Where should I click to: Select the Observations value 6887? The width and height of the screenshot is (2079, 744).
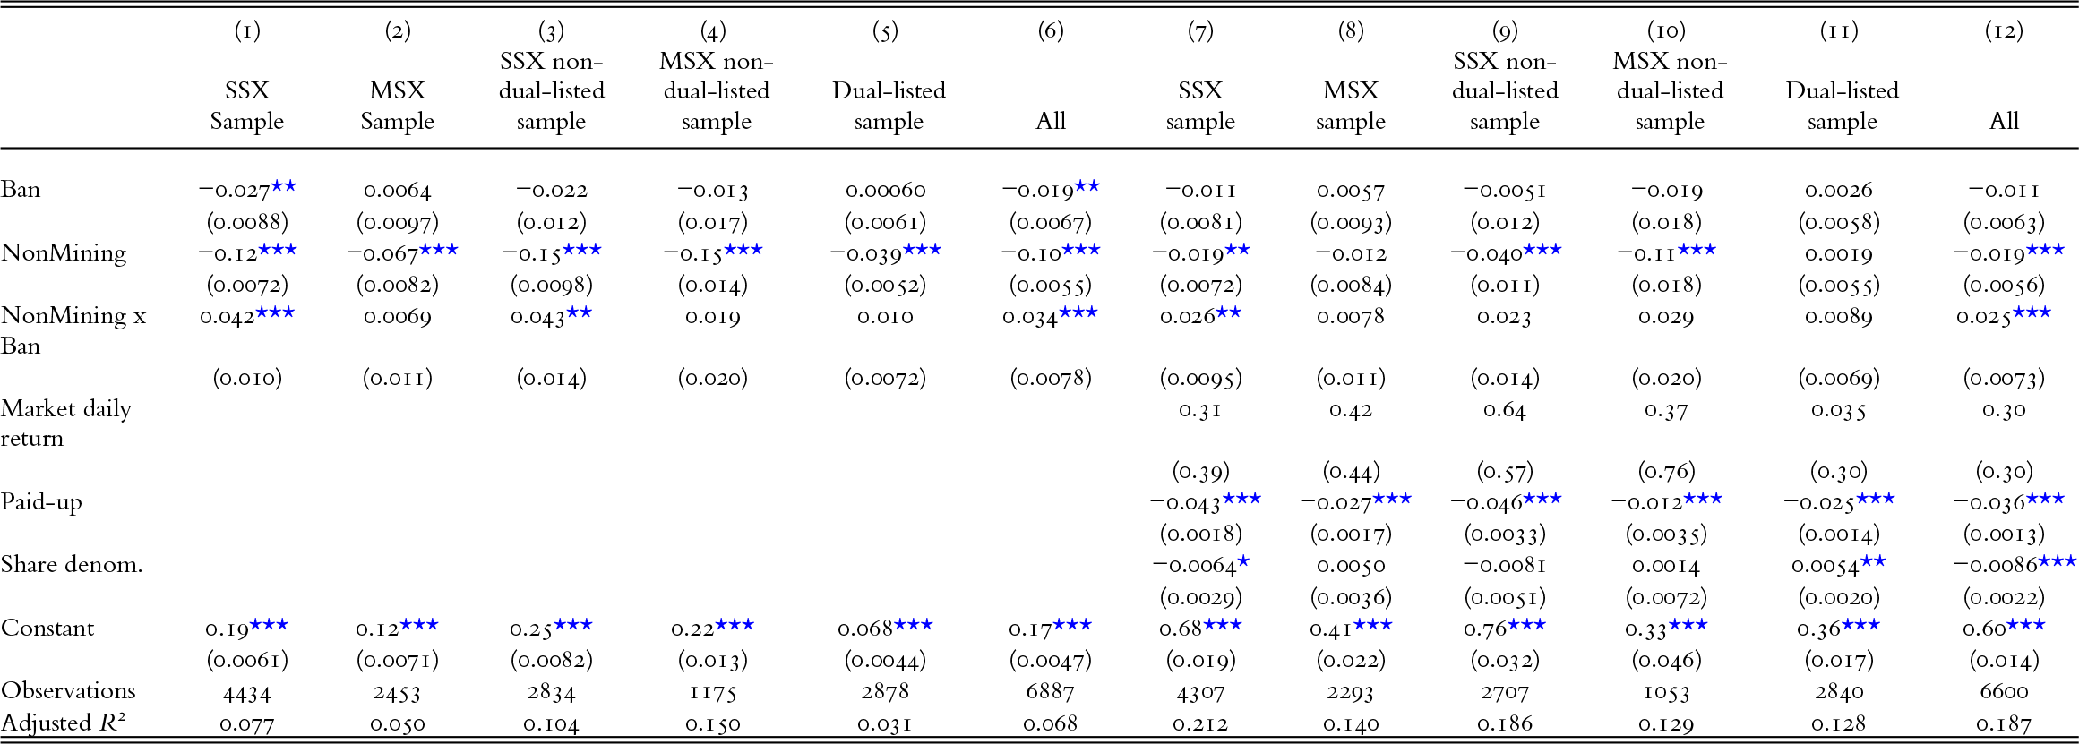coord(1050,691)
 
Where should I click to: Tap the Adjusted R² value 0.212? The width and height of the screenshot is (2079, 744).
coord(1200,723)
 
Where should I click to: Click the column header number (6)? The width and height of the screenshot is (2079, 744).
coord(1050,31)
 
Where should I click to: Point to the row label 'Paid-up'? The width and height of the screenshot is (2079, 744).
coord(41,501)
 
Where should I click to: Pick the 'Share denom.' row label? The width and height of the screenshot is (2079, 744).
coord(72,565)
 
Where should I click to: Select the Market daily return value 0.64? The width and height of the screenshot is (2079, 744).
coord(1504,410)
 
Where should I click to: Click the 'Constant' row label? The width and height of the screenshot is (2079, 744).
coord(47,629)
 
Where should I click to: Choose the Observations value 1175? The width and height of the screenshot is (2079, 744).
coord(715,691)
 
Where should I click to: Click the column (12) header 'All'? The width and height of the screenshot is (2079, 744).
coord(2004,122)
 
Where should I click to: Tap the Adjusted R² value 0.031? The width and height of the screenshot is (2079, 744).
coord(885,723)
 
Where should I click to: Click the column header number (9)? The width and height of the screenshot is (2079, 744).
coord(1504,31)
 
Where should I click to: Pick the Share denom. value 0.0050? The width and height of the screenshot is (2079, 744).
coord(1350,566)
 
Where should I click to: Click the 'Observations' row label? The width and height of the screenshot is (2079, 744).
coord(68,691)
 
